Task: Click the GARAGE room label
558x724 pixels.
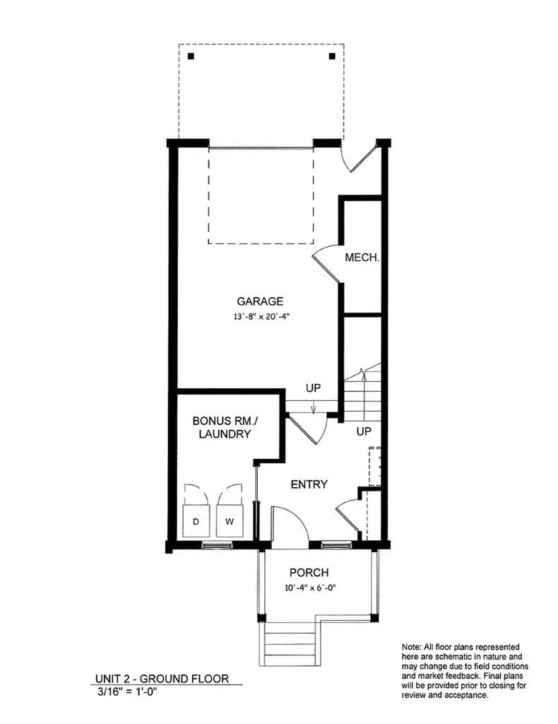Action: click(260, 300)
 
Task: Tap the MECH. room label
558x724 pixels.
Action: click(362, 258)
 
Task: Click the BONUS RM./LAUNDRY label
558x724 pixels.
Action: click(224, 427)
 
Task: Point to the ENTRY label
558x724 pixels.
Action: click(309, 484)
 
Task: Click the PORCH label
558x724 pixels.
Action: click(309, 573)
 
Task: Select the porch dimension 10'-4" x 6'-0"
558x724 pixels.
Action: click(309, 588)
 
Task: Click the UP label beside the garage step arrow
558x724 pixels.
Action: click(314, 388)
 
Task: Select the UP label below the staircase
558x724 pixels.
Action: click(364, 431)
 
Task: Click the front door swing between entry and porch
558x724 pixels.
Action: click(290, 527)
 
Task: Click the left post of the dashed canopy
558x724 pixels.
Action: click(191, 56)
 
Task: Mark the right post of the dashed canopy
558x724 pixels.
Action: click(332, 56)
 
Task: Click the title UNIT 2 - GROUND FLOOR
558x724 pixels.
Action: click(162, 679)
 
